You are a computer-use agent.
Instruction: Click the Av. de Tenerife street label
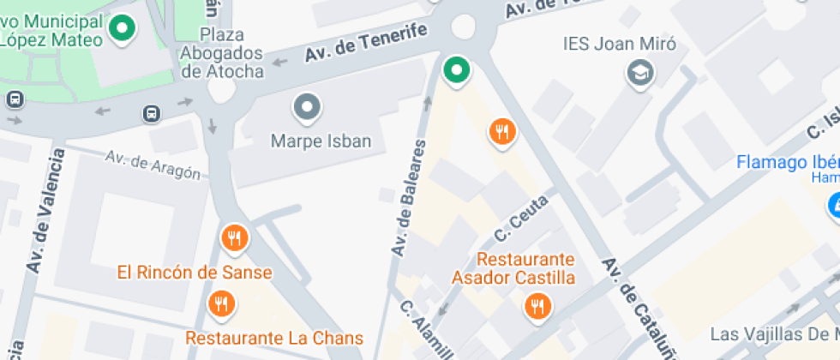(x=366, y=43)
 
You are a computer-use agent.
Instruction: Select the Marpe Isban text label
(x=321, y=141)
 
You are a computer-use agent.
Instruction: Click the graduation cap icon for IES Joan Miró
(x=639, y=73)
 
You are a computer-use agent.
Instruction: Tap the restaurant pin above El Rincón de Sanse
(x=233, y=239)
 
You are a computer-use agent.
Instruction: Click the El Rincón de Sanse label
(x=195, y=273)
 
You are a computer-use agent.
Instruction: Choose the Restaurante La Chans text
(x=274, y=338)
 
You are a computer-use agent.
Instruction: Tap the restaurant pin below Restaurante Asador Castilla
(x=537, y=306)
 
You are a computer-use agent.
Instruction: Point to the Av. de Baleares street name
(x=409, y=197)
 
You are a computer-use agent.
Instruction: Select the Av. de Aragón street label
(x=153, y=165)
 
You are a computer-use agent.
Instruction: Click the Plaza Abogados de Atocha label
(x=222, y=53)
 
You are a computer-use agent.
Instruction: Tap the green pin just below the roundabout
(x=457, y=70)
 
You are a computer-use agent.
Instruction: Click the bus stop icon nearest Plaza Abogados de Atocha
(x=152, y=113)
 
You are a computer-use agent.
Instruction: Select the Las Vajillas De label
(x=772, y=333)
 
